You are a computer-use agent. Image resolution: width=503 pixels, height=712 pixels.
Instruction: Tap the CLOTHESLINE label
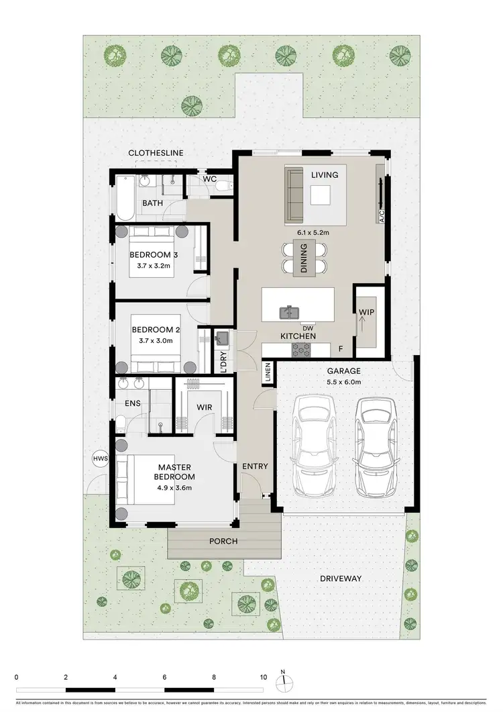[x=156, y=153]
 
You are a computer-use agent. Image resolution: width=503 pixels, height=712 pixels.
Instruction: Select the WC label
[x=209, y=179]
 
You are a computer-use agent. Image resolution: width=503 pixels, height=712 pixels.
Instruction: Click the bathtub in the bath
[x=125, y=199]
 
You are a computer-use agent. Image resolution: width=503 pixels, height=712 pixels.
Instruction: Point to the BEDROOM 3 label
[x=154, y=255]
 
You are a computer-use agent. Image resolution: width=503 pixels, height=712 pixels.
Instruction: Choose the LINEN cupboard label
[x=268, y=374]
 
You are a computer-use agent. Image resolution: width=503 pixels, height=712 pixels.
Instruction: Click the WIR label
[x=205, y=407]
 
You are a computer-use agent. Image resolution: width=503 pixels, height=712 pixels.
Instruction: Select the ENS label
[x=133, y=403]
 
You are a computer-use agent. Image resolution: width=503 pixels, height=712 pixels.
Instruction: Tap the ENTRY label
[x=255, y=466]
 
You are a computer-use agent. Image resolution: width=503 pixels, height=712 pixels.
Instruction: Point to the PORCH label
[x=223, y=541]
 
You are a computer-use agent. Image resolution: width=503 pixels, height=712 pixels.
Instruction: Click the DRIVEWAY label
[x=341, y=578]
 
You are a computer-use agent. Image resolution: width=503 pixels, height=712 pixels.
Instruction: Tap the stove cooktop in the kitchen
[x=301, y=350]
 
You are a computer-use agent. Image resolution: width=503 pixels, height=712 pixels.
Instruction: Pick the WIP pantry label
[x=366, y=313]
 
